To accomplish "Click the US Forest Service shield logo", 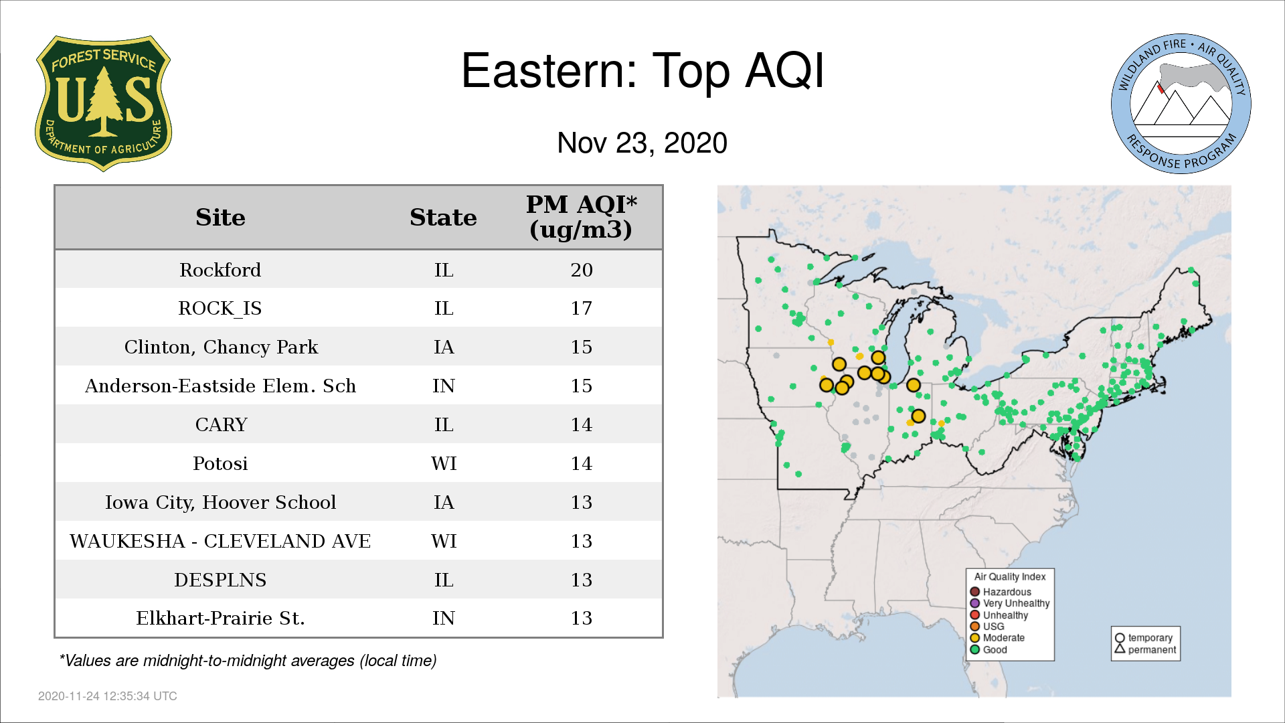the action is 103,103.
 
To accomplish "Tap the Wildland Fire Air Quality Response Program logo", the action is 1181,104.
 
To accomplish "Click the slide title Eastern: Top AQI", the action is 642,71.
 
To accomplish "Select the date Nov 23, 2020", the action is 642,143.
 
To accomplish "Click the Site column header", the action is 220,218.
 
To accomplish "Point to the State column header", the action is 443,218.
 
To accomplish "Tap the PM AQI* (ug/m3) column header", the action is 581,217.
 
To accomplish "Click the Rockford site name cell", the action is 220,270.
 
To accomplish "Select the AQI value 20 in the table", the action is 582,270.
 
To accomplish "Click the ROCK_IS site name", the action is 220,309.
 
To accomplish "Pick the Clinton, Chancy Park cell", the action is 221,347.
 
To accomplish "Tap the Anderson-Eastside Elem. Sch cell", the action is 220,386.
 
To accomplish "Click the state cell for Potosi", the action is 444,464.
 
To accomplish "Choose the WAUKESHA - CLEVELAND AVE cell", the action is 220,541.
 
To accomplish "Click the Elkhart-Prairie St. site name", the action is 220,619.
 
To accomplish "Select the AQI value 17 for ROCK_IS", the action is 582,309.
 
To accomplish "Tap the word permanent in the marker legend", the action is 1152,649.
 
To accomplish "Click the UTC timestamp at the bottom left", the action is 108,696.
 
